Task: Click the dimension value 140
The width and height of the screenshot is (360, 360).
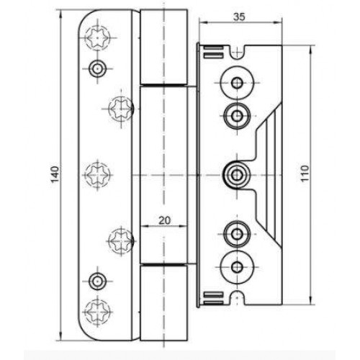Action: (55, 174)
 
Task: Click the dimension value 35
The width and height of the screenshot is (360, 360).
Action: (239, 17)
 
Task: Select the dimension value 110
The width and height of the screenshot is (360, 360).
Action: (305, 174)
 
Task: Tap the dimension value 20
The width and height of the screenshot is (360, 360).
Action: (164, 220)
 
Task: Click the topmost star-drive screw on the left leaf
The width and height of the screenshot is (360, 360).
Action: (97, 37)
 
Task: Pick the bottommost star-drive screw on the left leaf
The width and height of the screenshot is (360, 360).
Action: (97, 311)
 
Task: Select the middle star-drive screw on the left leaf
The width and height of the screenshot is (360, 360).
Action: (97, 175)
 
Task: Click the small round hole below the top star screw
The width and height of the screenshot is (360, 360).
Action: (97, 68)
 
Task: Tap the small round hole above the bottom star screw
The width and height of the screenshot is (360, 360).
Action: (97, 281)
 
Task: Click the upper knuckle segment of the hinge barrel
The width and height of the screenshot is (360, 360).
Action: (163, 47)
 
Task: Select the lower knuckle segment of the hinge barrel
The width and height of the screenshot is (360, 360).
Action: (163, 302)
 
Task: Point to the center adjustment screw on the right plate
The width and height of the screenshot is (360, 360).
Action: (237, 174)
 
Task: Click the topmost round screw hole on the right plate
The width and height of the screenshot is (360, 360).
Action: (237, 83)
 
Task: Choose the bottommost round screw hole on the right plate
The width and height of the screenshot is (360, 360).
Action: (237, 267)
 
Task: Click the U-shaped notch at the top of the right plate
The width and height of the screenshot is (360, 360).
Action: (237, 52)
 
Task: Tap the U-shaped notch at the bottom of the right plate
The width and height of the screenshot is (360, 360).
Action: (237, 298)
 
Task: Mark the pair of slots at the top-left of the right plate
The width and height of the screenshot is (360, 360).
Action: (214, 52)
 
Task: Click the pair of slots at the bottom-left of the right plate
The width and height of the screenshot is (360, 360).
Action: (214, 297)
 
